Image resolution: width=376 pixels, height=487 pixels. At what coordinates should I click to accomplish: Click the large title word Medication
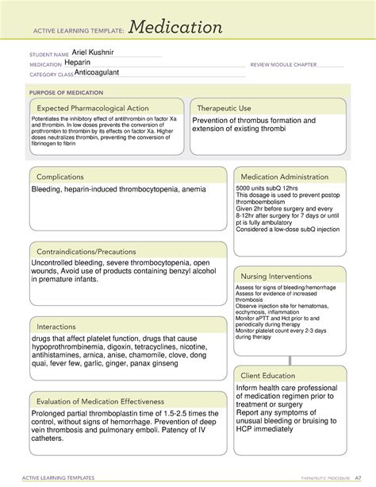coord(177,28)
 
